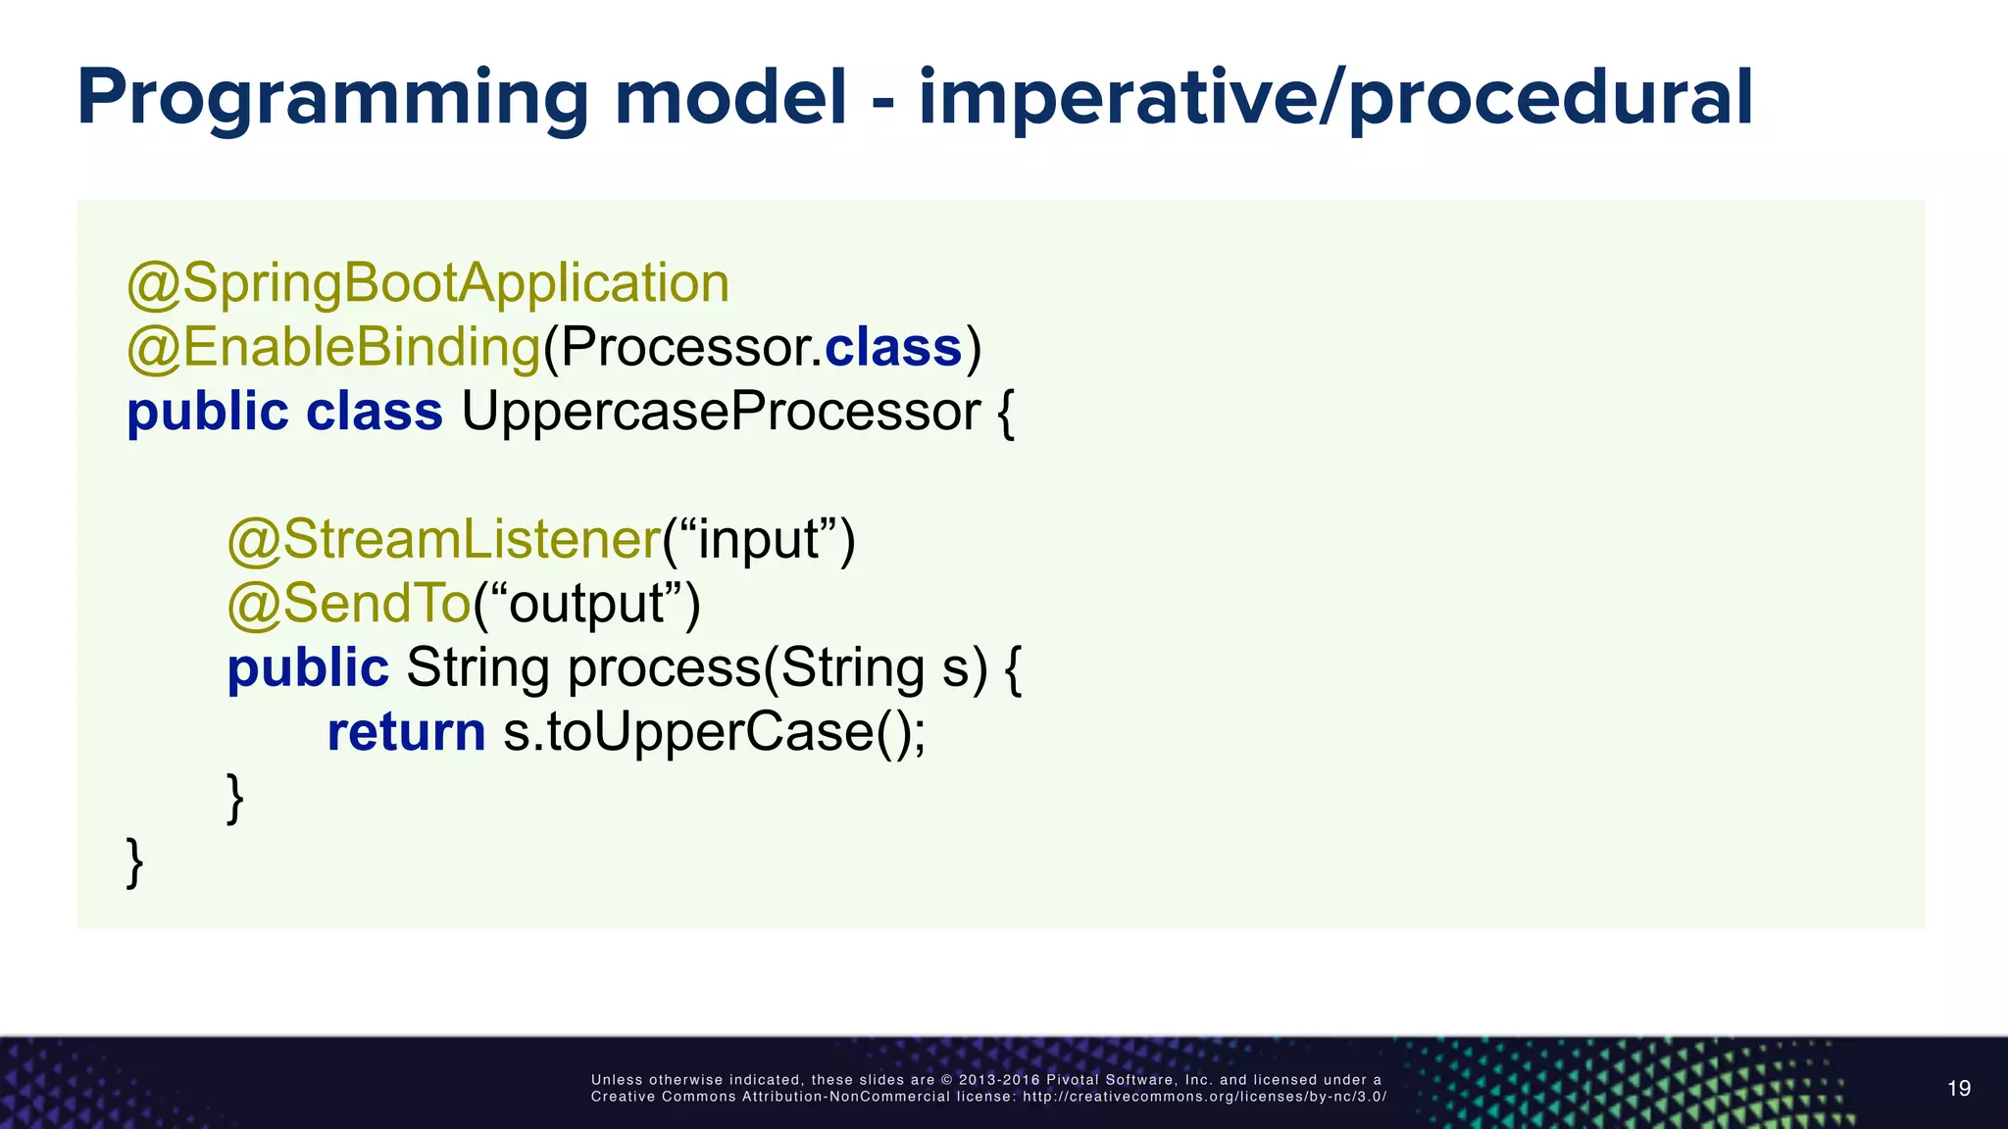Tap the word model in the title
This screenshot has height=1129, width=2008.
(x=730, y=98)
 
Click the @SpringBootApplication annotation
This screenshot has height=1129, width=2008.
(x=428, y=283)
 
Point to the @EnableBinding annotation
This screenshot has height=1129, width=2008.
(x=333, y=347)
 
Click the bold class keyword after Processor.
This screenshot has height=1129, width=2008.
(x=893, y=347)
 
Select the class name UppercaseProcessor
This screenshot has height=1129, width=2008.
(x=721, y=412)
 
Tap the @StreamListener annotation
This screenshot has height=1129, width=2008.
(x=444, y=540)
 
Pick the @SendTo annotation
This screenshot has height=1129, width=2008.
(x=349, y=604)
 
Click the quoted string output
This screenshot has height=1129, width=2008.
(x=586, y=604)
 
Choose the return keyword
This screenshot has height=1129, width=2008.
(x=406, y=732)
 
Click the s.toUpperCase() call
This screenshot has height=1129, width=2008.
(x=714, y=732)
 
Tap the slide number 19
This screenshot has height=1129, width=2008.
(x=1958, y=1089)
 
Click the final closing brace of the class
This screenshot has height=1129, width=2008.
(x=135, y=862)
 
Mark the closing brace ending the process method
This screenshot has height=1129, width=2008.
(x=235, y=798)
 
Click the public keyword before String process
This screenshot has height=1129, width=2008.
(x=308, y=668)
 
